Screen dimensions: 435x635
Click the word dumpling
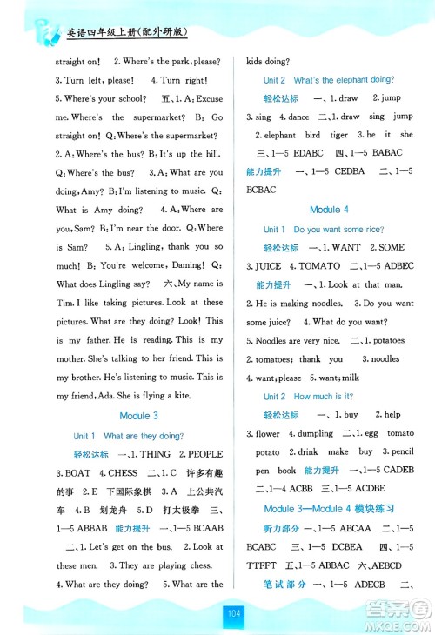pos(310,433)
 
